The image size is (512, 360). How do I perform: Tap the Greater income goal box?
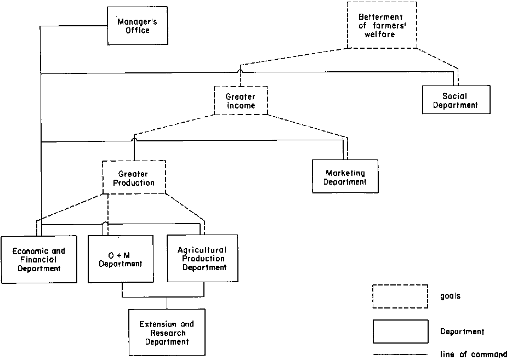241,100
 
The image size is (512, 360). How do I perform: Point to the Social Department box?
456,99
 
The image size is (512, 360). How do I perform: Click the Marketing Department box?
345,176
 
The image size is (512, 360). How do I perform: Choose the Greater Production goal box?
134,177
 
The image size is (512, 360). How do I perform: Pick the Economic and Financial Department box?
39,259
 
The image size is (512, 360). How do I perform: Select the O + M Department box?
121,259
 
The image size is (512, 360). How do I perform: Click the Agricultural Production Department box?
202,258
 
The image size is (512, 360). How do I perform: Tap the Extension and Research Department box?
167,333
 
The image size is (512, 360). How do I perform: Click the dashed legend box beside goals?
400,296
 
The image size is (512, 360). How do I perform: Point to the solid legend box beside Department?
400,332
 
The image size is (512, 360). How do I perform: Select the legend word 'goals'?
451,296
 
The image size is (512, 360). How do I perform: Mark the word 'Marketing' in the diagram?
346,173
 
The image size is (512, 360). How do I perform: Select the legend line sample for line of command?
400,354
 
